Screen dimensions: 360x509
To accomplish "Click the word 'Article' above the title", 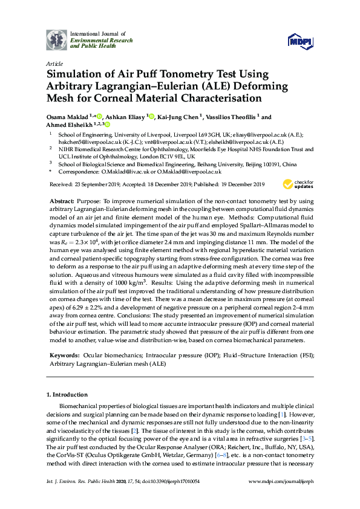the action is [54, 63].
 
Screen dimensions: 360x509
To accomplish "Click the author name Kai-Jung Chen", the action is [181, 117].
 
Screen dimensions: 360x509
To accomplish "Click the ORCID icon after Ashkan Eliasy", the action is [152, 117].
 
